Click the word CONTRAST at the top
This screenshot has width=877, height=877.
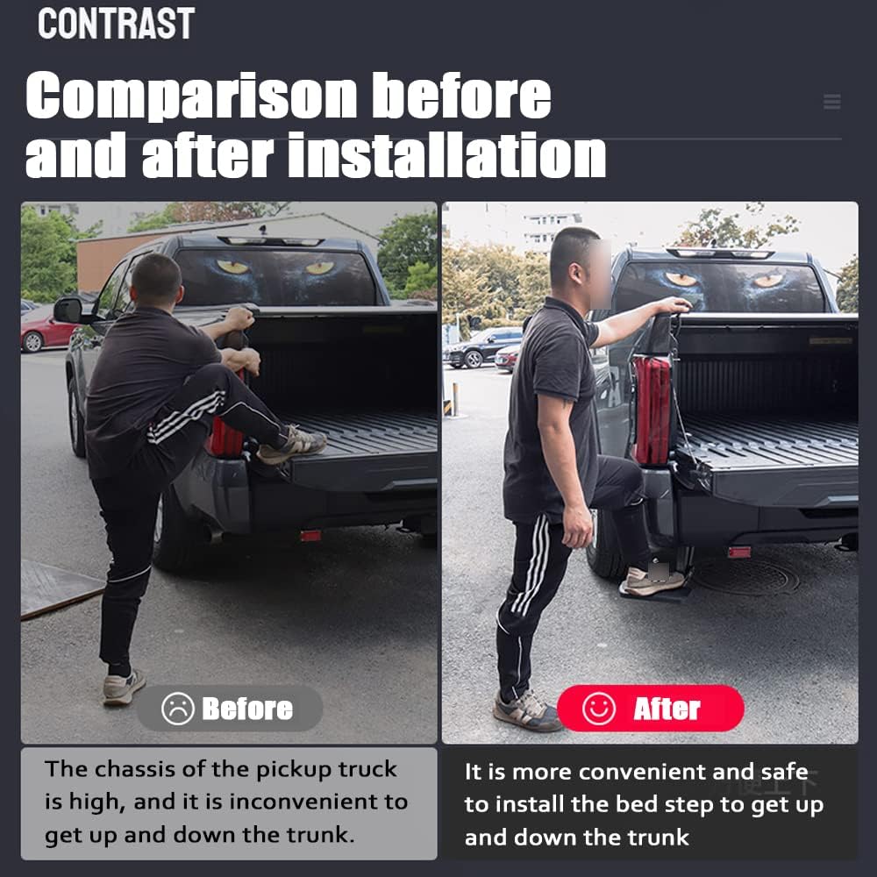(117, 24)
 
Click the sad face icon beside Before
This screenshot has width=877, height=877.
(178, 709)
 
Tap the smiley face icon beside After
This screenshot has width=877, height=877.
(598, 709)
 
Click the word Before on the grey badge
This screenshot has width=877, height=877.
(247, 709)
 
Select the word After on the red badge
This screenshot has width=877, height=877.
(667, 709)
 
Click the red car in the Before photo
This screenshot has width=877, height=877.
(46, 333)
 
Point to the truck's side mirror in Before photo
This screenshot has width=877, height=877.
(68, 310)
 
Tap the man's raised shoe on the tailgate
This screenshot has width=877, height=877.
(292, 446)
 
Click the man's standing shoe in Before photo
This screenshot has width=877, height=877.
(123, 687)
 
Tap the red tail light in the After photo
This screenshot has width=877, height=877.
(652, 410)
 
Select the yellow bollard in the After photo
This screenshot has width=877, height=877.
(454, 399)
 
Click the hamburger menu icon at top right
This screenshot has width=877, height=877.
(831, 101)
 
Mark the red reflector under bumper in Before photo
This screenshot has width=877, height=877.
(310, 536)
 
